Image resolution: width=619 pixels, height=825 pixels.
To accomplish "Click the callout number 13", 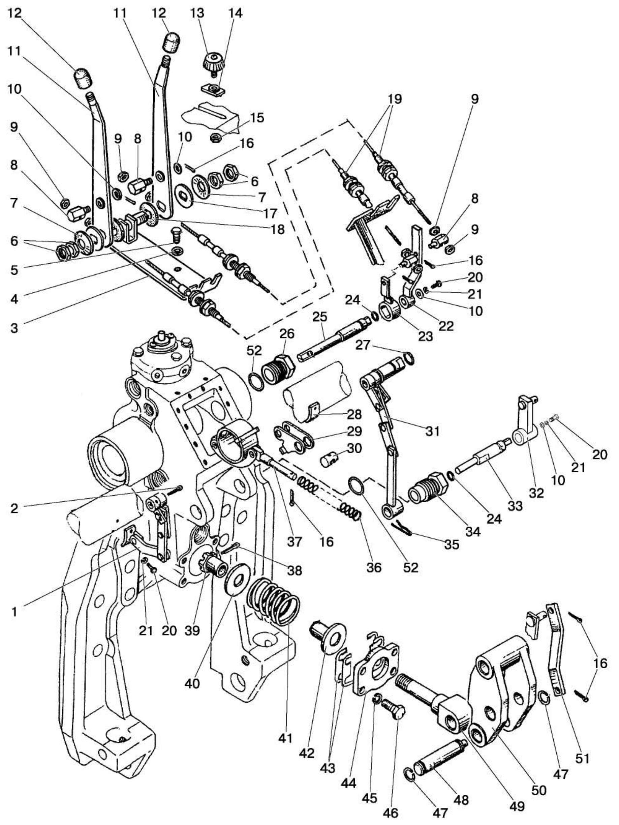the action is click(x=197, y=13).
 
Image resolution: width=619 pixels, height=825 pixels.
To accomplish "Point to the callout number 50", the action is click(x=539, y=790).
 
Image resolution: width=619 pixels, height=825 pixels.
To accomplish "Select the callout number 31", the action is click(x=432, y=432).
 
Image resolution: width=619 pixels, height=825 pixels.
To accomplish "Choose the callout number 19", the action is click(x=395, y=99).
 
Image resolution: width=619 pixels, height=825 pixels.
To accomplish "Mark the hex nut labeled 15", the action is click(x=216, y=138).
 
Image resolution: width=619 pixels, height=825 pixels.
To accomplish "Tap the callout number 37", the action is click(x=294, y=542).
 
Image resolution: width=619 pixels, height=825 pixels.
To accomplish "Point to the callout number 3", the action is click(x=14, y=328).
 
